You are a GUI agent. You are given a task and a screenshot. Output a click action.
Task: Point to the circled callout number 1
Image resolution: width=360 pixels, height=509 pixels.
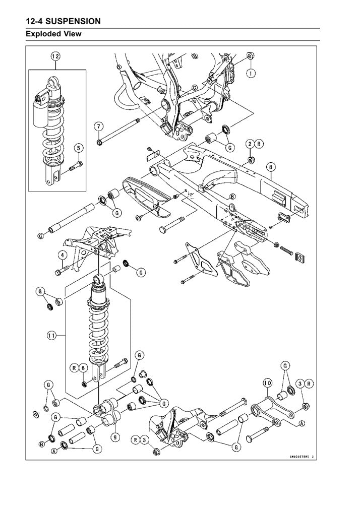(250, 73)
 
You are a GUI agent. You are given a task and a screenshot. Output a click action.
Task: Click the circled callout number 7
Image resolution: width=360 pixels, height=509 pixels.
(99, 125)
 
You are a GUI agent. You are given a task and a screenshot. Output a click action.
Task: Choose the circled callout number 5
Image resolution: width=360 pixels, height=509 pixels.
(78, 148)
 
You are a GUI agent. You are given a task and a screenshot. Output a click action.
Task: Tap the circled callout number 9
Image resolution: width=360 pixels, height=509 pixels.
(115, 437)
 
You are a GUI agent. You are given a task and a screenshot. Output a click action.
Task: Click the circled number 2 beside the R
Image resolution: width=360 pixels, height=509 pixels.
(249, 144)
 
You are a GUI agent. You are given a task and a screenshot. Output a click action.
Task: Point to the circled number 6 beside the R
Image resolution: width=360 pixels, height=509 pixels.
(83, 369)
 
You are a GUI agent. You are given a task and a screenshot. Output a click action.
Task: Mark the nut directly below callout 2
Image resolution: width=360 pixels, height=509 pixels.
(250, 160)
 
